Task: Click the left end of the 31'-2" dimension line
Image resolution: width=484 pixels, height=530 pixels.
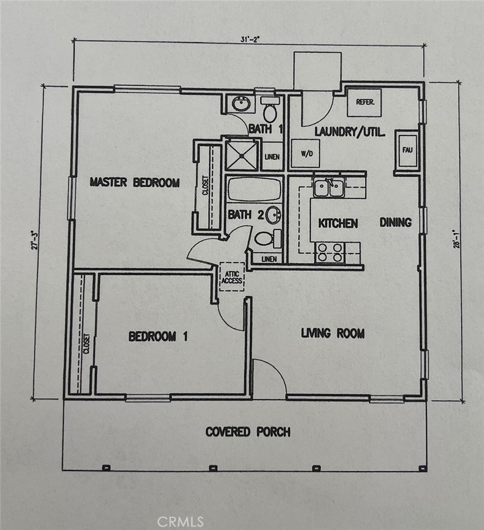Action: click(x=74, y=41)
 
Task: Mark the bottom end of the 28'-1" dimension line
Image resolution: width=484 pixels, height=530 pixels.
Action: click(x=462, y=402)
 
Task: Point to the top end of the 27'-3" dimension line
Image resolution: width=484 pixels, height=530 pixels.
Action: click(x=43, y=86)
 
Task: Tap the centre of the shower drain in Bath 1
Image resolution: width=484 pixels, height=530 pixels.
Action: click(x=242, y=156)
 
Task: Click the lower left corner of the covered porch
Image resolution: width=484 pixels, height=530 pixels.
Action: click(x=63, y=470)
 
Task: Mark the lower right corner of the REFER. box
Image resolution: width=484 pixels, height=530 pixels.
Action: click(x=381, y=116)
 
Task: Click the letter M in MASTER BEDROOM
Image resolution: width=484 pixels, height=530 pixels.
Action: click(x=93, y=182)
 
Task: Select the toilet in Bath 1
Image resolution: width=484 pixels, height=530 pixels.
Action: click(x=270, y=109)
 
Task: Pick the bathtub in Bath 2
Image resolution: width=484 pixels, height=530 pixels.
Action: click(x=254, y=189)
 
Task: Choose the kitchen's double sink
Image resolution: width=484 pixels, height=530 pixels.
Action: click(x=329, y=188)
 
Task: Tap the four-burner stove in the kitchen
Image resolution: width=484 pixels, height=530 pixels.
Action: click(x=330, y=252)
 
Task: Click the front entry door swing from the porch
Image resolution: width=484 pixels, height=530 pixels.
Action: click(x=270, y=377)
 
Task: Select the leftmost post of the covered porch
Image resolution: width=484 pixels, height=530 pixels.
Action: click(x=106, y=468)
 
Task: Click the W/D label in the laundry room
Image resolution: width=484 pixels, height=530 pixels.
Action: click(x=307, y=154)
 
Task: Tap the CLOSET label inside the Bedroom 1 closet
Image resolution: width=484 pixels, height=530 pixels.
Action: click(x=86, y=344)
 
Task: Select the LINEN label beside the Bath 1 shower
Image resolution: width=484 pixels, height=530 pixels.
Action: click(x=272, y=157)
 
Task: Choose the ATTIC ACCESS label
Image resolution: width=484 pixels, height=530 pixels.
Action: click(x=232, y=277)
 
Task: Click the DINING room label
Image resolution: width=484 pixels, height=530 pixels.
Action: click(x=395, y=223)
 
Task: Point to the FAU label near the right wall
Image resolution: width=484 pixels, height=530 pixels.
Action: click(x=407, y=150)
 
